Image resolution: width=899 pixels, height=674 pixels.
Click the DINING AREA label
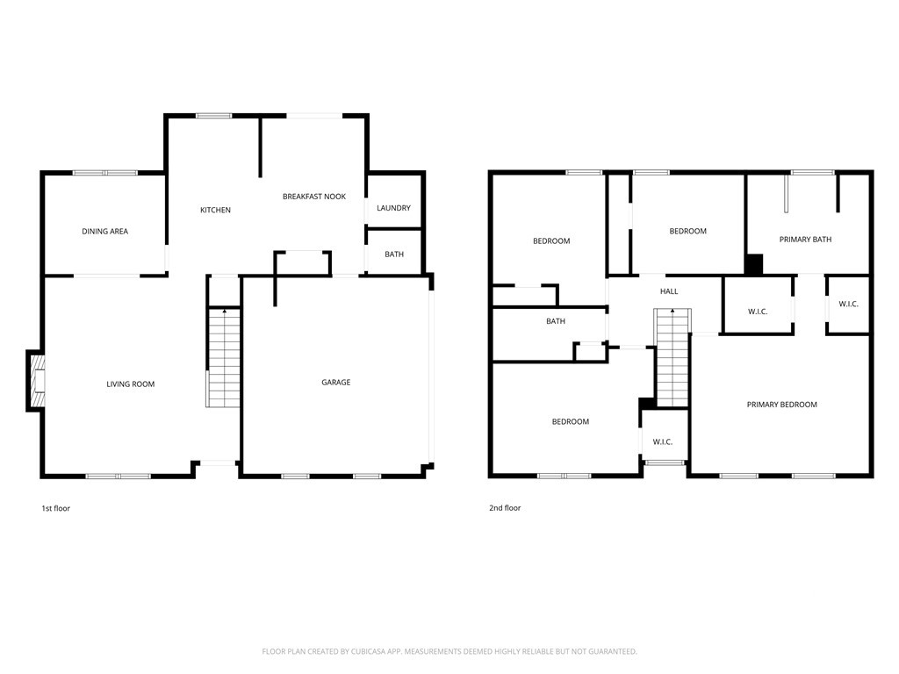click(105, 232)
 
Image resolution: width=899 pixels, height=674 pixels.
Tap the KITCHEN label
click(216, 211)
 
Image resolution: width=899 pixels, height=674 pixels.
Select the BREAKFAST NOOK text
click(314, 197)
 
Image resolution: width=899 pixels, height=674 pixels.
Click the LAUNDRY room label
click(394, 208)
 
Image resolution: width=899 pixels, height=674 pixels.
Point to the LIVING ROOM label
click(131, 384)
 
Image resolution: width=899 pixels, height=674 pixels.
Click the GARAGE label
click(336, 383)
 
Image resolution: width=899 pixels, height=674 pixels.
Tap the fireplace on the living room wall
click(35, 381)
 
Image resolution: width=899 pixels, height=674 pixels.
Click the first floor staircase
click(224, 358)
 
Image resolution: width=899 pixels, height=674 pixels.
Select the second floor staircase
click(672, 358)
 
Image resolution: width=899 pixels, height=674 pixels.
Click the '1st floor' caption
click(55, 508)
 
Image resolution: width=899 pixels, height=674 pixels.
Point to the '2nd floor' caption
click(505, 508)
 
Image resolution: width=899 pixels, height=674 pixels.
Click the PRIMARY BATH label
click(806, 240)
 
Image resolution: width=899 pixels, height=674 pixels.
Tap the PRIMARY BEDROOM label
click(782, 405)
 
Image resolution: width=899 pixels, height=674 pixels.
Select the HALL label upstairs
click(669, 291)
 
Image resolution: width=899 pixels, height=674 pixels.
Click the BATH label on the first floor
click(394, 255)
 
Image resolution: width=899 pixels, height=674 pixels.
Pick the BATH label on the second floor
click(556, 321)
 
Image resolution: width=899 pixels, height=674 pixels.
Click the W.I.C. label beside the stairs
click(663, 442)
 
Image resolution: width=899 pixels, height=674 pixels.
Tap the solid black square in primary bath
click(754, 264)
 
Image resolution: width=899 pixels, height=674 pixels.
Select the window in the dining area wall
click(105, 173)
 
